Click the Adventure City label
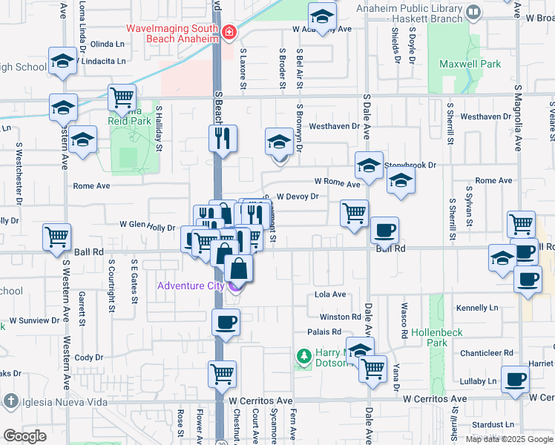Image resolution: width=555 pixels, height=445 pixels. point(189,286)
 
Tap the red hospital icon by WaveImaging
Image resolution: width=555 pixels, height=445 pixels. point(229,32)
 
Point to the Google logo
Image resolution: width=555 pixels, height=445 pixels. point(24,436)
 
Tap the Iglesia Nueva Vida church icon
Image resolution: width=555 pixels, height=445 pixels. point(10,401)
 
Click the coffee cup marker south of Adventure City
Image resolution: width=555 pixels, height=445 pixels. point(226,323)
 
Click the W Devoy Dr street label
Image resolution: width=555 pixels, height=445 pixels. point(297,197)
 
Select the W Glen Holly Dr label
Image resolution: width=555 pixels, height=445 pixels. point(147,227)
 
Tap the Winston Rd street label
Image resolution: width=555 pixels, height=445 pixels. point(345,317)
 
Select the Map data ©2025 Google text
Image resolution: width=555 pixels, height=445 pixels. point(509,439)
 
